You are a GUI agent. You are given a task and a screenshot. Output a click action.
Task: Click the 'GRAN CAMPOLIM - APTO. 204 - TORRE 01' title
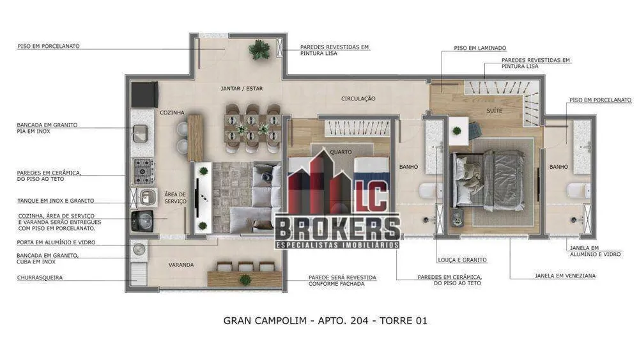325,321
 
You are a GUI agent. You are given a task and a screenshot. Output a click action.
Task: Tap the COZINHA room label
172,113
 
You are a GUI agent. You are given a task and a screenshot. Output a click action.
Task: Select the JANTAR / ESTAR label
242,88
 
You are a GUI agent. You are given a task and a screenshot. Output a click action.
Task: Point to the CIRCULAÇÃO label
358,98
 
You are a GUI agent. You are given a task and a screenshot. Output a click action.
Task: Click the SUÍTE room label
495,111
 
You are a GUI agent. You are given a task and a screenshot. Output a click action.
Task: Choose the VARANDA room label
181,265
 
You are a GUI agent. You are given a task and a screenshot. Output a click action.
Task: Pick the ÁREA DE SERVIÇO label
175,198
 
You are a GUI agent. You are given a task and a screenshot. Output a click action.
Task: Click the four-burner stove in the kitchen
143,171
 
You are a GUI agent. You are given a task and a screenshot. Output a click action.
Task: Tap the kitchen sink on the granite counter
140,134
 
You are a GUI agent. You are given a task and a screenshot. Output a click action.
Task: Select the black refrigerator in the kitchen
144,95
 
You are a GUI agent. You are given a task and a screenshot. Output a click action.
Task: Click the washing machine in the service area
142,221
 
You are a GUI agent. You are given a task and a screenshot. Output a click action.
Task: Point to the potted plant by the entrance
259,50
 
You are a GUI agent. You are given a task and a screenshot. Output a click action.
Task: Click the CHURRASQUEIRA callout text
40,278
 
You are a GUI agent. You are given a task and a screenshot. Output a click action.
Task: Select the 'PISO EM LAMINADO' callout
480,48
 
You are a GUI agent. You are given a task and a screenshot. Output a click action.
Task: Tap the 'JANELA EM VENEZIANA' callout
566,276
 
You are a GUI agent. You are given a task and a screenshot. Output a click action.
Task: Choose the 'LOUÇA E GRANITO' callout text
462,260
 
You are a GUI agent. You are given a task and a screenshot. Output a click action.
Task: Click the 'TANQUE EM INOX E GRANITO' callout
56,201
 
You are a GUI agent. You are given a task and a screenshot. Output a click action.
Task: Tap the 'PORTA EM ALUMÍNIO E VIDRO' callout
56,242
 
